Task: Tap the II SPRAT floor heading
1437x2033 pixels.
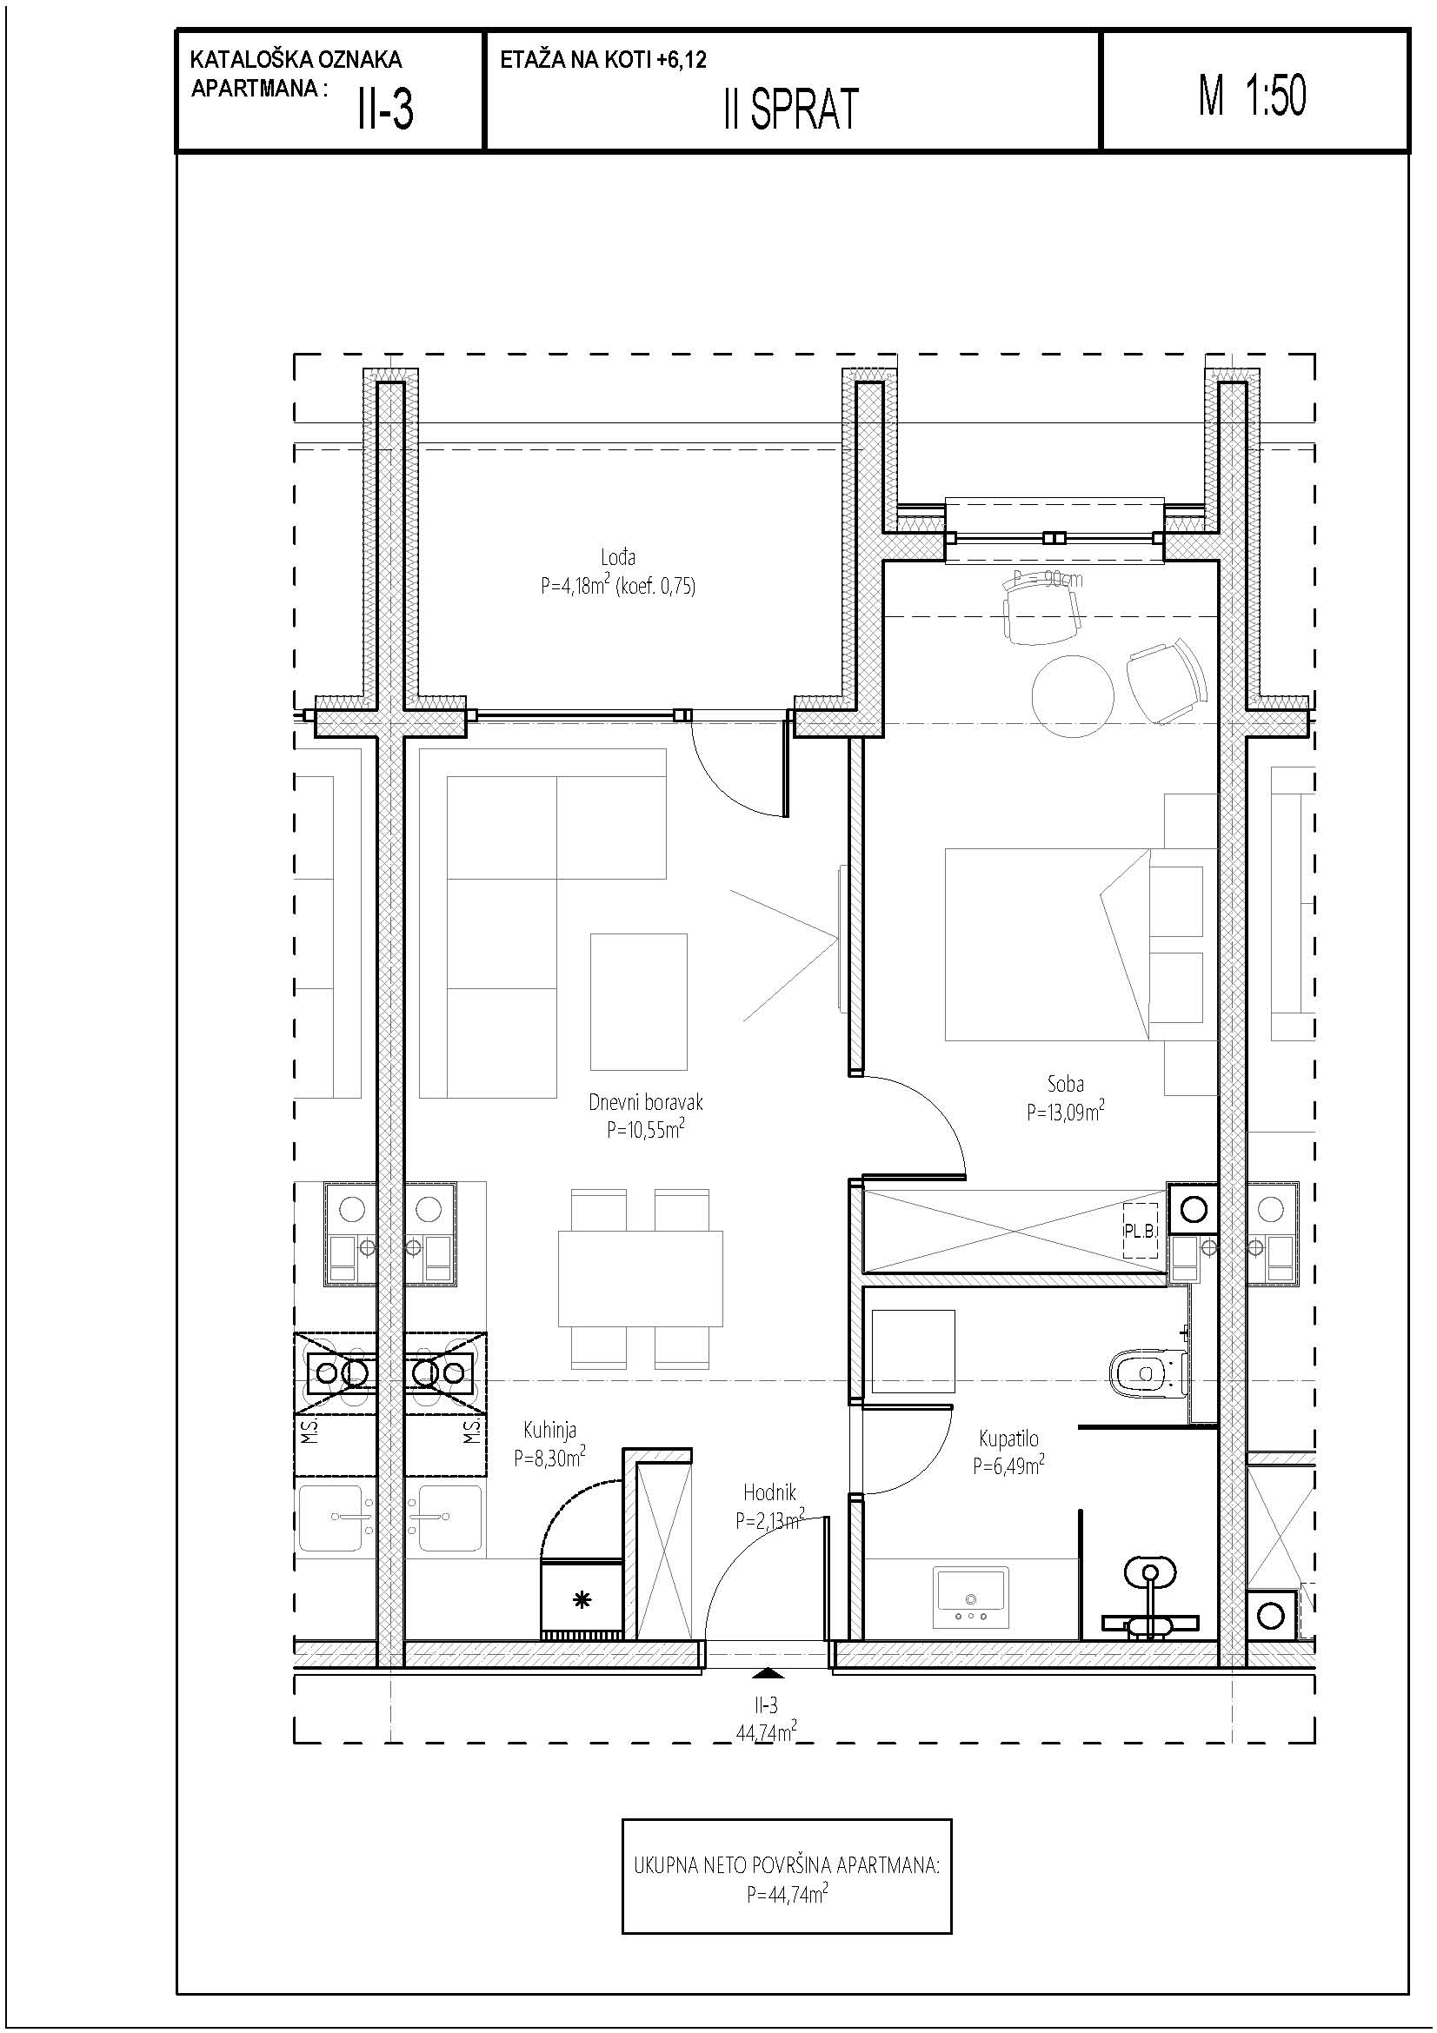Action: click(x=791, y=110)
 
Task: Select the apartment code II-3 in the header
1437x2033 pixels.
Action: click(x=385, y=110)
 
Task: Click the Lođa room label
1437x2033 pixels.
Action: click(x=618, y=557)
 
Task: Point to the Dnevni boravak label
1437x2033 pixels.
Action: click(x=645, y=1102)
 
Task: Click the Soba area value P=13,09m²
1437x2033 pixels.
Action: click(x=1065, y=1112)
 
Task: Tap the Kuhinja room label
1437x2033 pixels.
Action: click(x=549, y=1430)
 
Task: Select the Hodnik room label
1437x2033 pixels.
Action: click(x=769, y=1493)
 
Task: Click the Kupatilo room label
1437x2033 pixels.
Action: click(x=1008, y=1438)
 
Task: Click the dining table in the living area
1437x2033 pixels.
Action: click(x=640, y=1279)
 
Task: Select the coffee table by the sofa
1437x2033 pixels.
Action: click(x=638, y=1001)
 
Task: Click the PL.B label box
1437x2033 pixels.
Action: click(x=1141, y=1231)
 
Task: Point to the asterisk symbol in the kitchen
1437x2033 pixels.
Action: click(x=582, y=1598)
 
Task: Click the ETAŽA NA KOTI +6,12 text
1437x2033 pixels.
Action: click(x=603, y=60)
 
